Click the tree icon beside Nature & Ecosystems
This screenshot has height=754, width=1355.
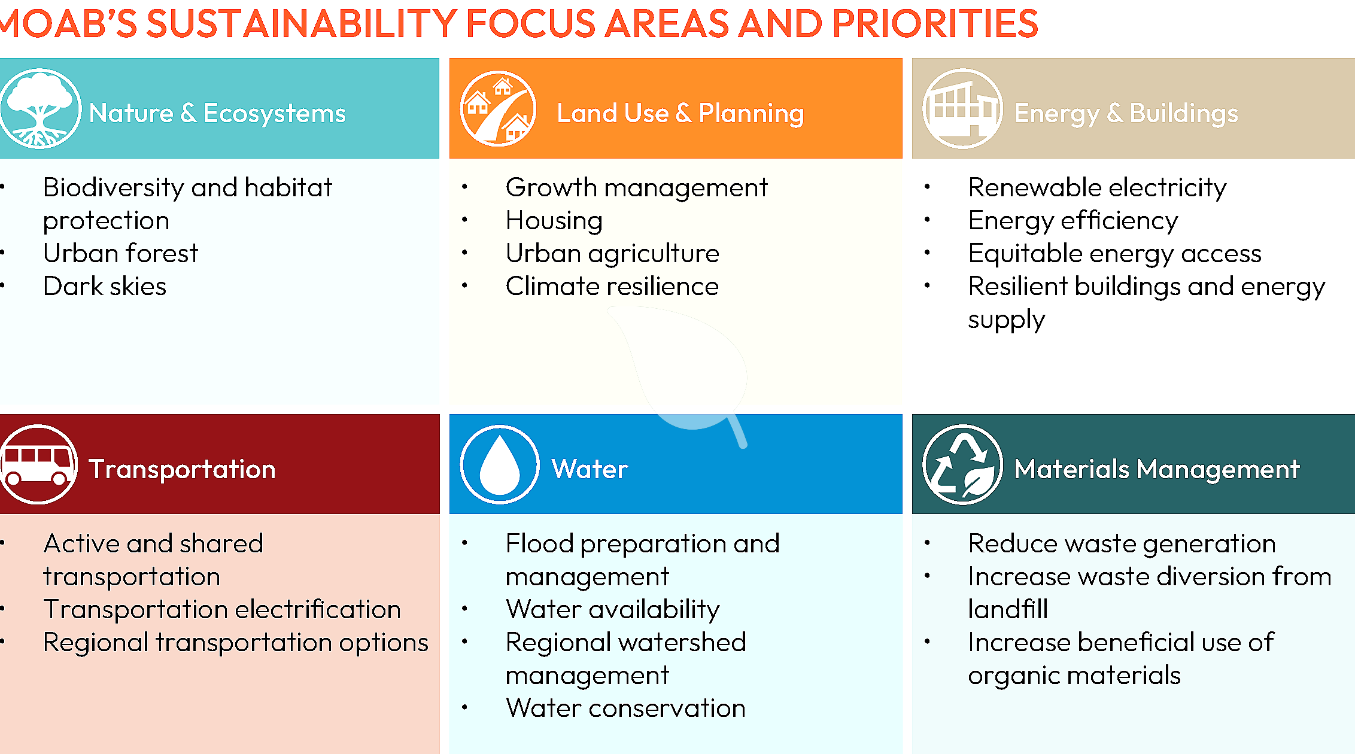[x=40, y=108]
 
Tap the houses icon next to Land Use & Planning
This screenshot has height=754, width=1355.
[x=498, y=108]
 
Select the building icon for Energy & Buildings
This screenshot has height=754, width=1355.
[x=962, y=108]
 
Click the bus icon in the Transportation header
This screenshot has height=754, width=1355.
[x=38, y=464]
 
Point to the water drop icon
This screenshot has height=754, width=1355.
[x=500, y=464]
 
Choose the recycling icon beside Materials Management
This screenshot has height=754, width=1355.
[x=962, y=464]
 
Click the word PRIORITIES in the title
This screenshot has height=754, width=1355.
[x=934, y=24]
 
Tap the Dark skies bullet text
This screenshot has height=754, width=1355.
[x=105, y=286]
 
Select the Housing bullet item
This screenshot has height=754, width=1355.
[x=554, y=220]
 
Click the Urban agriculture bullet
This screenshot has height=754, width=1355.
[x=612, y=253]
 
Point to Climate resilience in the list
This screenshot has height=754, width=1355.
[x=612, y=286]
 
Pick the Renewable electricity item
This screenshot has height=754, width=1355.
[x=1097, y=187]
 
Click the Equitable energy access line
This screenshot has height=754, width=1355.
[x=1114, y=253]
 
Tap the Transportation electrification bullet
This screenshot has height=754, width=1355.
[x=222, y=609]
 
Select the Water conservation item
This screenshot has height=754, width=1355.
[x=625, y=708]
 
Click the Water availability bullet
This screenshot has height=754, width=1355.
[x=612, y=609]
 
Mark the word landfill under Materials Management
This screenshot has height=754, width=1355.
[x=1008, y=609]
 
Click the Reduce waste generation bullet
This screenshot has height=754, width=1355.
[x=1122, y=543]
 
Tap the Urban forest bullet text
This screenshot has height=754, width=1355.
[x=120, y=253]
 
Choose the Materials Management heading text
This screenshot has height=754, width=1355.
[x=1156, y=469]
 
